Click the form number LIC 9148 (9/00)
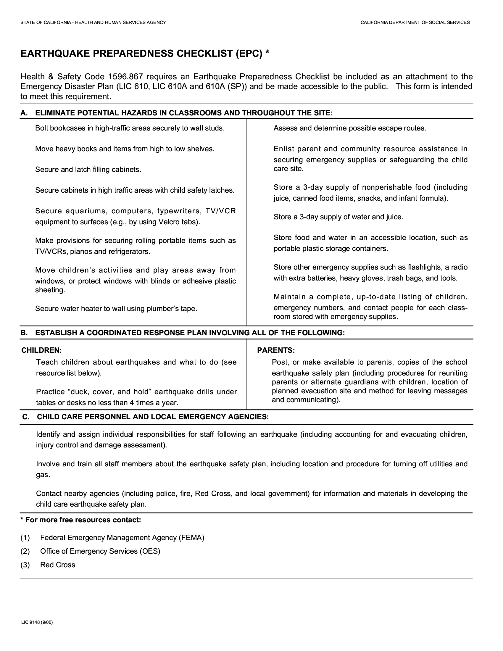pos(37,622)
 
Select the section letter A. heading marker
pos(24,113)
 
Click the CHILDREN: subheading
pos(41,350)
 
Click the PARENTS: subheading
pos(276,350)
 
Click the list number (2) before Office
pos(25,551)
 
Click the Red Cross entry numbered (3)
pos(57,565)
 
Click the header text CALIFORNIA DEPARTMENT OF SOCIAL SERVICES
pos(415,22)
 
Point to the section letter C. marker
pos(26,417)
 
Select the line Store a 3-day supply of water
pos(338,217)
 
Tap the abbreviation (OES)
pos(150,551)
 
